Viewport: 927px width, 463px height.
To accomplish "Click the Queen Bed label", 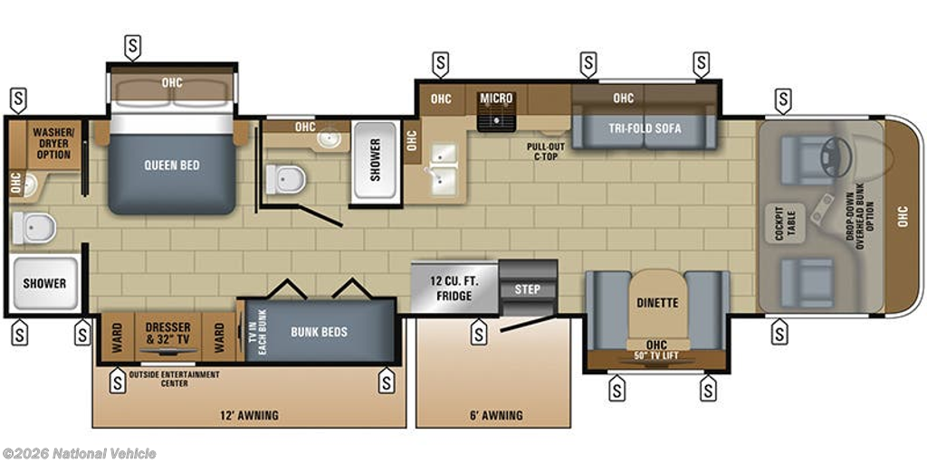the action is point(172,165).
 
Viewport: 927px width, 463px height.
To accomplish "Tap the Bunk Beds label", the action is point(319,332).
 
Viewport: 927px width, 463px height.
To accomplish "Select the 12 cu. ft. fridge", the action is point(454,287).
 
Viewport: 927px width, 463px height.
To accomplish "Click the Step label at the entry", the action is point(528,289).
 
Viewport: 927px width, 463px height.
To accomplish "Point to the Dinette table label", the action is point(657,304).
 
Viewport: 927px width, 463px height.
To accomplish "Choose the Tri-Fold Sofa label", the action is point(645,128).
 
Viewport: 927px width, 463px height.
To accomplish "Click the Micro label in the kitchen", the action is point(497,98).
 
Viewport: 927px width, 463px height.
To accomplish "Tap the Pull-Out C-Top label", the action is point(546,152).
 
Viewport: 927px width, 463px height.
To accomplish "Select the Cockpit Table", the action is point(785,223).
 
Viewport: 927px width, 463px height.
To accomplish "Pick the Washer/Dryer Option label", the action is point(53,143).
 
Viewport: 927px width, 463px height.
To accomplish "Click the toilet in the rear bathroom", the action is point(34,228).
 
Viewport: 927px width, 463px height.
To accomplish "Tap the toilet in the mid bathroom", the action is point(285,179).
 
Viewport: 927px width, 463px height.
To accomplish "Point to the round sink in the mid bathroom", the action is point(328,138).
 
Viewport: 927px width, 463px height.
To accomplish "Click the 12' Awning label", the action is point(249,415).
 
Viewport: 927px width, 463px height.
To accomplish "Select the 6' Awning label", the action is point(496,415).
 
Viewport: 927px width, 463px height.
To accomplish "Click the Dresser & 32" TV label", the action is point(168,333).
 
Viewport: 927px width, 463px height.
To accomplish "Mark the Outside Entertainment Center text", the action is point(175,379).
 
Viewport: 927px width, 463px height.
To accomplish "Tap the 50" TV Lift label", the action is point(656,355).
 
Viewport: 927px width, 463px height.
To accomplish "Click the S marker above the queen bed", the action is point(132,47).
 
